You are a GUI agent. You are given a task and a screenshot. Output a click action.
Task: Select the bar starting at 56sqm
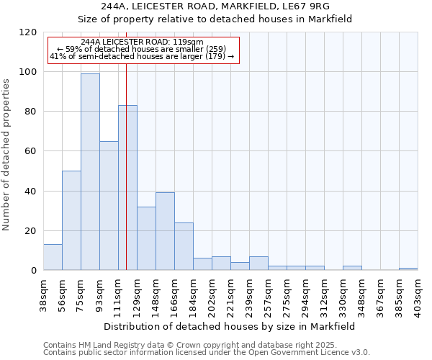[x=71, y=220]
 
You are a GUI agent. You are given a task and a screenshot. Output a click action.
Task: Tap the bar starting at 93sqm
[x=109, y=205]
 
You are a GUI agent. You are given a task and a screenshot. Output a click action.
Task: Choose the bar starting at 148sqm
[x=165, y=231]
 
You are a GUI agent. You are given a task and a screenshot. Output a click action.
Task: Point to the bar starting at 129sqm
[x=146, y=238]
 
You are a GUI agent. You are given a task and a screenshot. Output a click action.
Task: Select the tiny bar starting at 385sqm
[x=408, y=269]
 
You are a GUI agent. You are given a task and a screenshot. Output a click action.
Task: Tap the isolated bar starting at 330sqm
[x=352, y=268]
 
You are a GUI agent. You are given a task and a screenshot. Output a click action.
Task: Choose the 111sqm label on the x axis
[x=118, y=293]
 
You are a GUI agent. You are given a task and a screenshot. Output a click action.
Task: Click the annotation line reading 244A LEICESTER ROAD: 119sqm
[x=142, y=42]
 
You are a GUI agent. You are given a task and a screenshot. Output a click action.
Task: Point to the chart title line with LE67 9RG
[x=215, y=6]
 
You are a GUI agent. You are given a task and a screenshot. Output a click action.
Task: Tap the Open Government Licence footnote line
[x=206, y=352]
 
